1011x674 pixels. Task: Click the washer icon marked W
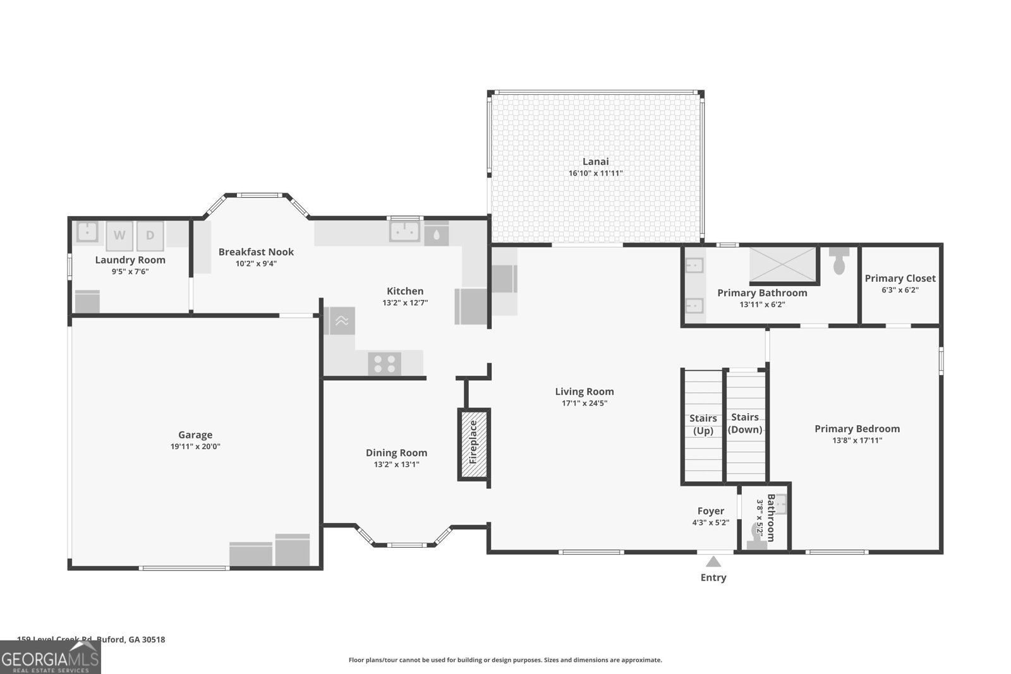pyautogui.click(x=119, y=236)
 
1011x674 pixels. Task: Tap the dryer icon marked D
pyautogui.click(x=150, y=236)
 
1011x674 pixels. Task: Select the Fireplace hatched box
pyautogui.click(x=473, y=445)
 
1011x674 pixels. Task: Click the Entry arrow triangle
pyautogui.click(x=713, y=562)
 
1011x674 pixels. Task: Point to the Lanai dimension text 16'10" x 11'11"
pyautogui.click(x=595, y=173)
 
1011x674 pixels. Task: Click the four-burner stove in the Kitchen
pyautogui.click(x=384, y=364)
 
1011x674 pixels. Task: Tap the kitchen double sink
pyautogui.click(x=405, y=231)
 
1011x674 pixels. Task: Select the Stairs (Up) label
pyautogui.click(x=703, y=424)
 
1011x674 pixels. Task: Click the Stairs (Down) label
pyautogui.click(x=745, y=423)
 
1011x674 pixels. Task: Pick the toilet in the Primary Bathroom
pyautogui.click(x=839, y=260)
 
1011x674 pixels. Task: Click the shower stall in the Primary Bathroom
pyautogui.click(x=784, y=264)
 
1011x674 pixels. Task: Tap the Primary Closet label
pyautogui.click(x=900, y=278)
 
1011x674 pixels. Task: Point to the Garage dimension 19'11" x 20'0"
pyautogui.click(x=195, y=447)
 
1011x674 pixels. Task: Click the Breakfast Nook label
pyautogui.click(x=256, y=251)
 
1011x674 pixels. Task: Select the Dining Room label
pyautogui.click(x=396, y=452)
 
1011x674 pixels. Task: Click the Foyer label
pyautogui.click(x=710, y=511)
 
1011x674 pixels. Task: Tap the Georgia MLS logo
pyautogui.click(x=50, y=658)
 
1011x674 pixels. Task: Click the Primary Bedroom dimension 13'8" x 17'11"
pyautogui.click(x=857, y=440)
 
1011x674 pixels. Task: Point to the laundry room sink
pyautogui.click(x=87, y=232)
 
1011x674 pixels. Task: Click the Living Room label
pyautogui.click(x=584, y=392)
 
